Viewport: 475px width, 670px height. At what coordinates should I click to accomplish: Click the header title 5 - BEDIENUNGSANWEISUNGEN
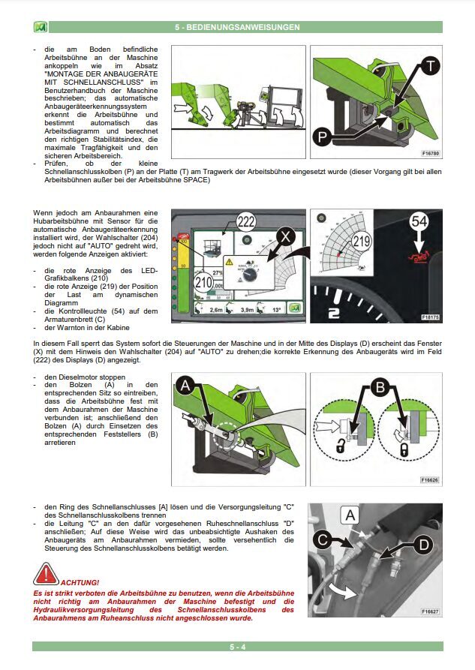[x=237, y=27]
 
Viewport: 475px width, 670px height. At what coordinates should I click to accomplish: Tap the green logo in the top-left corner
[x=41, y=27]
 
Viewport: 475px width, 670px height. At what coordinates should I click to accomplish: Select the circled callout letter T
[x=428, y=66]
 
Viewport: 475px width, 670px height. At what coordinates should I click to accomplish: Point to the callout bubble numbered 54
[x=418, y=222]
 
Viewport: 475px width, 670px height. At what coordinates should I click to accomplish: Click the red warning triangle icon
[x=46, y=575]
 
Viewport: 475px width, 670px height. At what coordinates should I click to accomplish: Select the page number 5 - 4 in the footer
[x=237, y=646]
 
